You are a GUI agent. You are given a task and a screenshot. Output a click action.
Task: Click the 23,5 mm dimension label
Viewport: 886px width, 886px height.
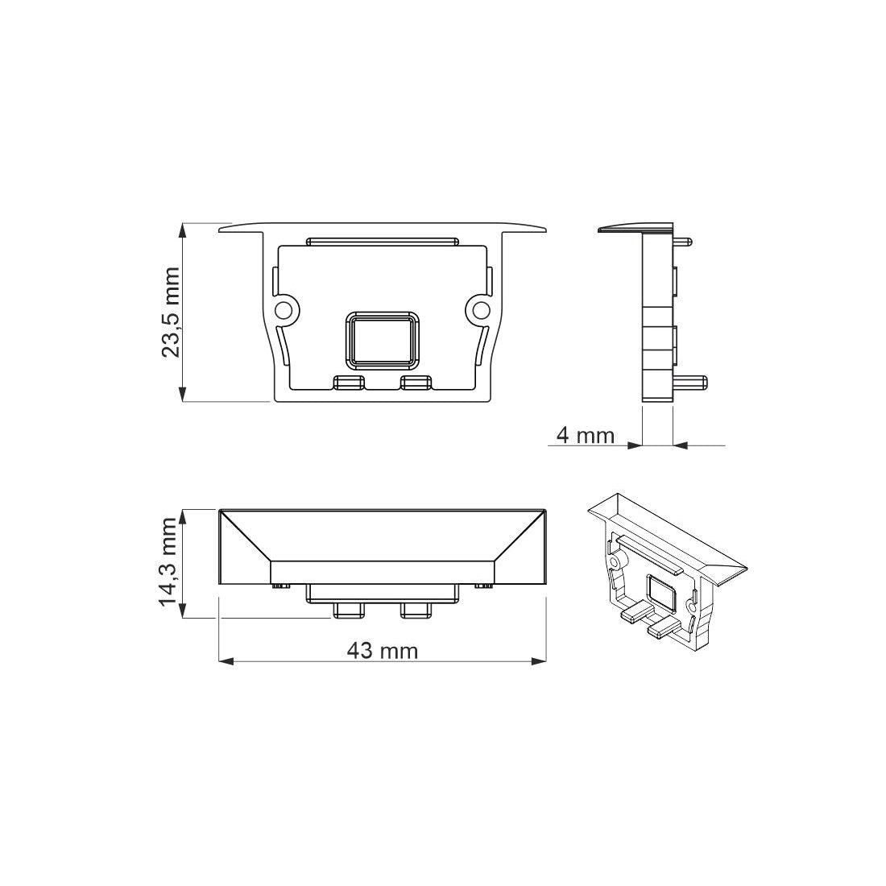(171, 312)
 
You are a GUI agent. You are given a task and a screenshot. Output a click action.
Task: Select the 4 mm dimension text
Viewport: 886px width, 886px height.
(585, 436)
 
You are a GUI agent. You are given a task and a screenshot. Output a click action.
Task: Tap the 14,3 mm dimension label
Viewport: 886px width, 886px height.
(168, 563)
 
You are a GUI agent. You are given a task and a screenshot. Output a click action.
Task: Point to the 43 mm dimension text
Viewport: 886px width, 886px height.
(383, 650)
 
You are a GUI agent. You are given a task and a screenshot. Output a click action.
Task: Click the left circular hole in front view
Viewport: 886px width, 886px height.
(284, 310)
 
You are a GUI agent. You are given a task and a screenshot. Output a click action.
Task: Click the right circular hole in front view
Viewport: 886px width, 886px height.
(481, 310)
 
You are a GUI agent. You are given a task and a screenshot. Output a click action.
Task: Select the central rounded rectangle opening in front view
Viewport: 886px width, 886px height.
(383, 338)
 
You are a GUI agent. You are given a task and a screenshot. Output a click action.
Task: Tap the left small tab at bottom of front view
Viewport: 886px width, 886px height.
(348, 382)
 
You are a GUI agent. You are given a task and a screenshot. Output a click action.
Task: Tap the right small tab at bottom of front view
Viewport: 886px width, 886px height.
(416, 382)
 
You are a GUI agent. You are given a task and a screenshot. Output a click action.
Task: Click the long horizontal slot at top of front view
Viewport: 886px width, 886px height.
(383, 240)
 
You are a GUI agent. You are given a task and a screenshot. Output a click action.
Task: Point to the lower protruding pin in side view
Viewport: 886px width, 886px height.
(690, 381)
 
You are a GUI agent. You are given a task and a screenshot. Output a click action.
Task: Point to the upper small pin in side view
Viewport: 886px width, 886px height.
(683, 239)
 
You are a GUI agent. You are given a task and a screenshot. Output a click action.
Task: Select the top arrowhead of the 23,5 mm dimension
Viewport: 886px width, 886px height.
(184, 230)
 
